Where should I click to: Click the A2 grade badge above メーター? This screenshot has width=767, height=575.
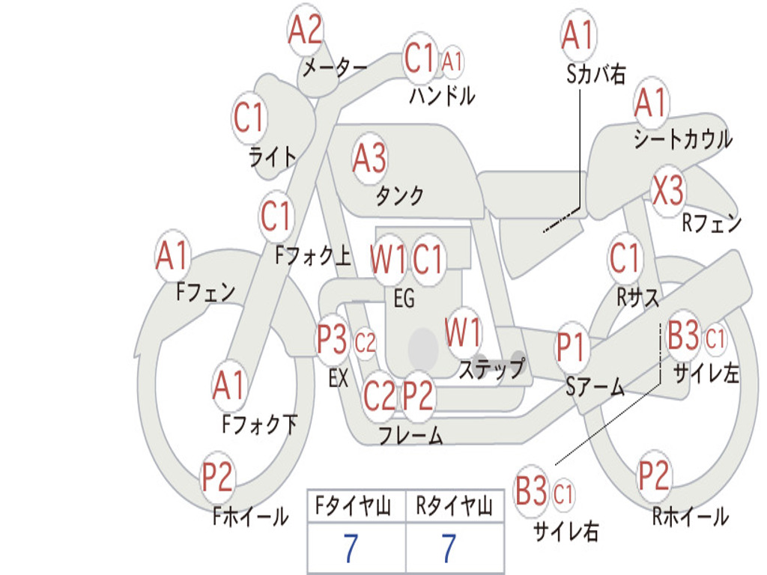click(306, 31)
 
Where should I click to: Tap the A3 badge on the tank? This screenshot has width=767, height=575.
click(370, 158)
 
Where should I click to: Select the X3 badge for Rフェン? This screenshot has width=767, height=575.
click(668, 191)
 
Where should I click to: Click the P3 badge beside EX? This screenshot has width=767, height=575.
click(333, 341)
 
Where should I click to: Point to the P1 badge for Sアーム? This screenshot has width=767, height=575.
click(573, 348)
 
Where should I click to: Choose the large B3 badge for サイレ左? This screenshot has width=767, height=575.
click(683, 336)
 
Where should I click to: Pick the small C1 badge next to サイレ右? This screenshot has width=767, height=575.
click(563, 494)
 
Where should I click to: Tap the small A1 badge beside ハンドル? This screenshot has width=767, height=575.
click(452, 62)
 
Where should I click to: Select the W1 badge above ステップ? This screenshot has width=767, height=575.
click(464, 332)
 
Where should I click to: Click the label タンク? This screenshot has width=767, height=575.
click(400, 196)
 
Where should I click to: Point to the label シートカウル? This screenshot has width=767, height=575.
click(682, 139)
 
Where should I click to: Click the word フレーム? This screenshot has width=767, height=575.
click(410, 435)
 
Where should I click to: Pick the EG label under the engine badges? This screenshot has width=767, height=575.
click(404, 298)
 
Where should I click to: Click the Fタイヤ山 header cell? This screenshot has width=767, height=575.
click(356, 508)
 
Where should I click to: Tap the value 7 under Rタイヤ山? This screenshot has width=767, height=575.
click(449, 549)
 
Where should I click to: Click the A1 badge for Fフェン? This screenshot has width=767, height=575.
click(173, 257)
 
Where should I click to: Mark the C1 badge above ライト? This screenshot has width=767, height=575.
click(249, 118)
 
